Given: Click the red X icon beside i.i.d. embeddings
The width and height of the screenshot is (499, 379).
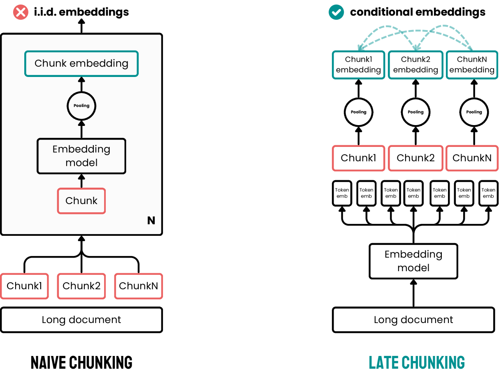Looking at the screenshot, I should pos(20,12).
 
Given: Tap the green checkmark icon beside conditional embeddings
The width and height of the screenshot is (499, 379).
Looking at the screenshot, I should pos(336,12).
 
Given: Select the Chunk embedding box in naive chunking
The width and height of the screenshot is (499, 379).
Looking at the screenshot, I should pos(81,63).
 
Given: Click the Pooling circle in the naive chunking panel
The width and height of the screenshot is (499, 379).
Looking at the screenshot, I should pos(81,106).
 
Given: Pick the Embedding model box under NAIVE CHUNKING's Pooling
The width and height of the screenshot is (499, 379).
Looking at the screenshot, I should pos(81,156).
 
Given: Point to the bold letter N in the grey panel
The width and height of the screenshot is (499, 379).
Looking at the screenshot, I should pos(151,221).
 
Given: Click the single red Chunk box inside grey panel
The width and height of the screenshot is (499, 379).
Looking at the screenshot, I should pos(81,201).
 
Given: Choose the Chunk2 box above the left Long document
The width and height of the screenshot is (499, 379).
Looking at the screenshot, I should pos(81,286).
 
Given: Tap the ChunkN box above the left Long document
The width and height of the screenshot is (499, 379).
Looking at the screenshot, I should pos(138,286).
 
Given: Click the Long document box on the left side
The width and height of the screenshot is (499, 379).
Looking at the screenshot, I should pos(81,320).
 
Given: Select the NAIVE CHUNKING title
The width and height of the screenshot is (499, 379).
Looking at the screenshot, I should pos(81,363).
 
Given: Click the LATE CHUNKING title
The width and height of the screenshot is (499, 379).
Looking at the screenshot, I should pos(417,363).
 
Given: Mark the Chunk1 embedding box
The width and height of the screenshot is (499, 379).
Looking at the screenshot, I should pos(358,65).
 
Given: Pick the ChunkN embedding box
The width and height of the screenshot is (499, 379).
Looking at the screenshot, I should pos(472,65).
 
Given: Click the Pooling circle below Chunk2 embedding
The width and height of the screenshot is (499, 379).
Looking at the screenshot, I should pos(415,112).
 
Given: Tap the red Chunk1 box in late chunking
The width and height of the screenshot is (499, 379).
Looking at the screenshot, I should pos(358,158).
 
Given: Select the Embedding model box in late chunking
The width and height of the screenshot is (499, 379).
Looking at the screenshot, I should pos(413,261).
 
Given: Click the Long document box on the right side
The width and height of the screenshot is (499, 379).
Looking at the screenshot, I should pos(413,320).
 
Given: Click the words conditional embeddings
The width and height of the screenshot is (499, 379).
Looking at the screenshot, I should pos(418,12).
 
